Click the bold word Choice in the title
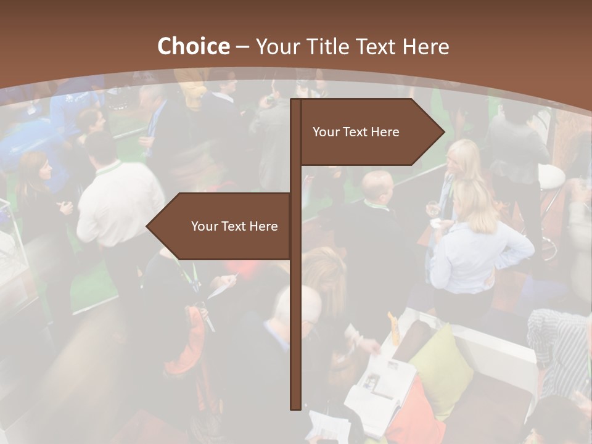[x=193, y=46]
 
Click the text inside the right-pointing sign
[x=356, y=132]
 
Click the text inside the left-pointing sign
[x=234, y=226]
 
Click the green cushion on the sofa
[x=443, y=364]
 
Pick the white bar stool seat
[x=551, y=177]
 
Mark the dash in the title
[x=242, y=47]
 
